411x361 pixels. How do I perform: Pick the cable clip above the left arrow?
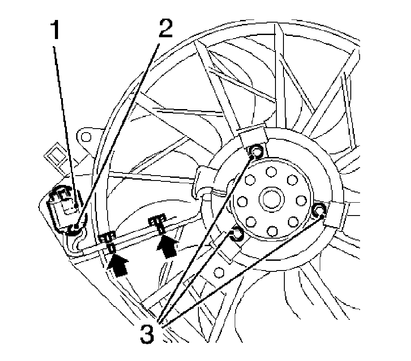tap(108, 240)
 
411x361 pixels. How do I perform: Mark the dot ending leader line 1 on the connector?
tap(76, 205)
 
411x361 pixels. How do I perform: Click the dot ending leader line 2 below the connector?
tap(76, 228)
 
